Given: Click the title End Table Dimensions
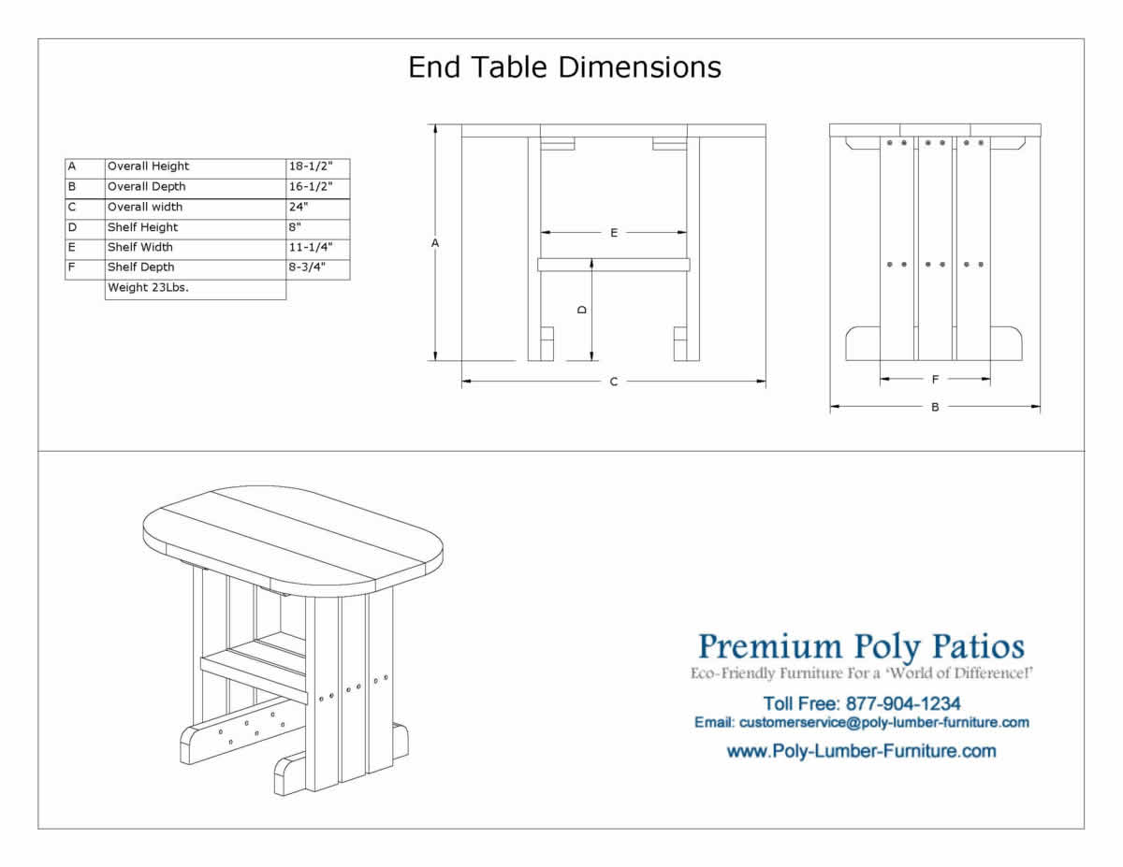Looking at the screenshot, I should [564, 67].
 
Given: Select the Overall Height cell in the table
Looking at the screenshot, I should [148, 166].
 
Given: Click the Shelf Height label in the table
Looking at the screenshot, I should [142, 227].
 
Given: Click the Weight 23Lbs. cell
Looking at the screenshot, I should [148, 288].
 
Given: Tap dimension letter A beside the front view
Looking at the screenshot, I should [435, 243].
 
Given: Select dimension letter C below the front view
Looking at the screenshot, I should [614, 382].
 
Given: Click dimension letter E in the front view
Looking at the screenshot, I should [614, 233].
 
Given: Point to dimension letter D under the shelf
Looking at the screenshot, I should [582, 310].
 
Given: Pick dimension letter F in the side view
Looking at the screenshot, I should [935, 380].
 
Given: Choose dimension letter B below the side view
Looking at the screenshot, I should [935, 407].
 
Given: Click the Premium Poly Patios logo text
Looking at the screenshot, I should [861, 646].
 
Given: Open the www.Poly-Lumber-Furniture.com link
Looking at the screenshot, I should [861, 751].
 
